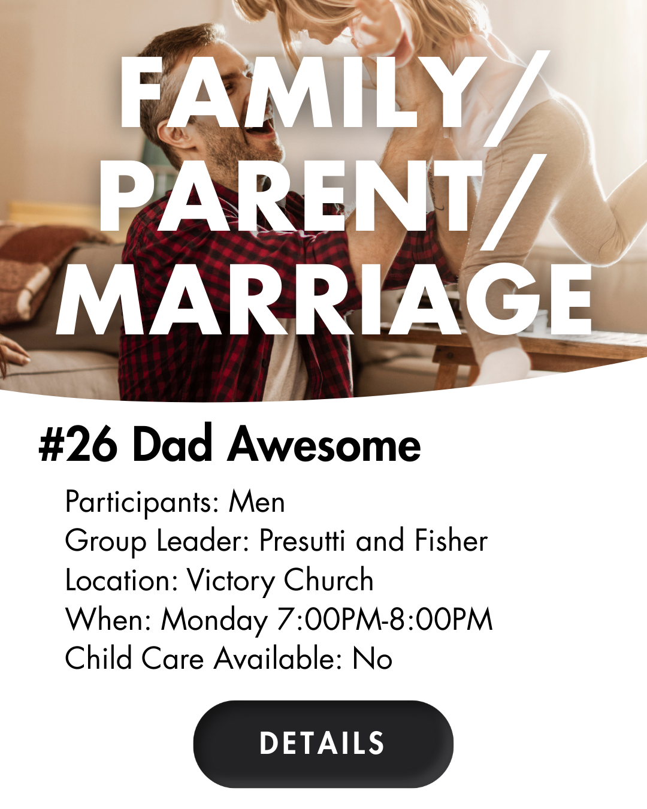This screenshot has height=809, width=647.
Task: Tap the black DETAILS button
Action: pyautogui.click(x=323, y=743)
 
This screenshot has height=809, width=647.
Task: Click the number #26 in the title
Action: pyautogui.click(x=77, y=445)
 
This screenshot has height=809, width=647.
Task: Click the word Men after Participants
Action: pyautogui.click(x=257, y=502)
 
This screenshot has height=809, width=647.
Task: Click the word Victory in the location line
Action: pyautogui.click(x=231, y=581)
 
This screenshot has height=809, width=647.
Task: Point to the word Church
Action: pyautogui.click(x=328, y=579)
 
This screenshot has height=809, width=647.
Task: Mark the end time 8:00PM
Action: pyautogui.click(x=440, y=619)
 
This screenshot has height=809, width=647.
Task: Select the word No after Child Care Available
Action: pyautogui.click(x=372, y=658)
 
